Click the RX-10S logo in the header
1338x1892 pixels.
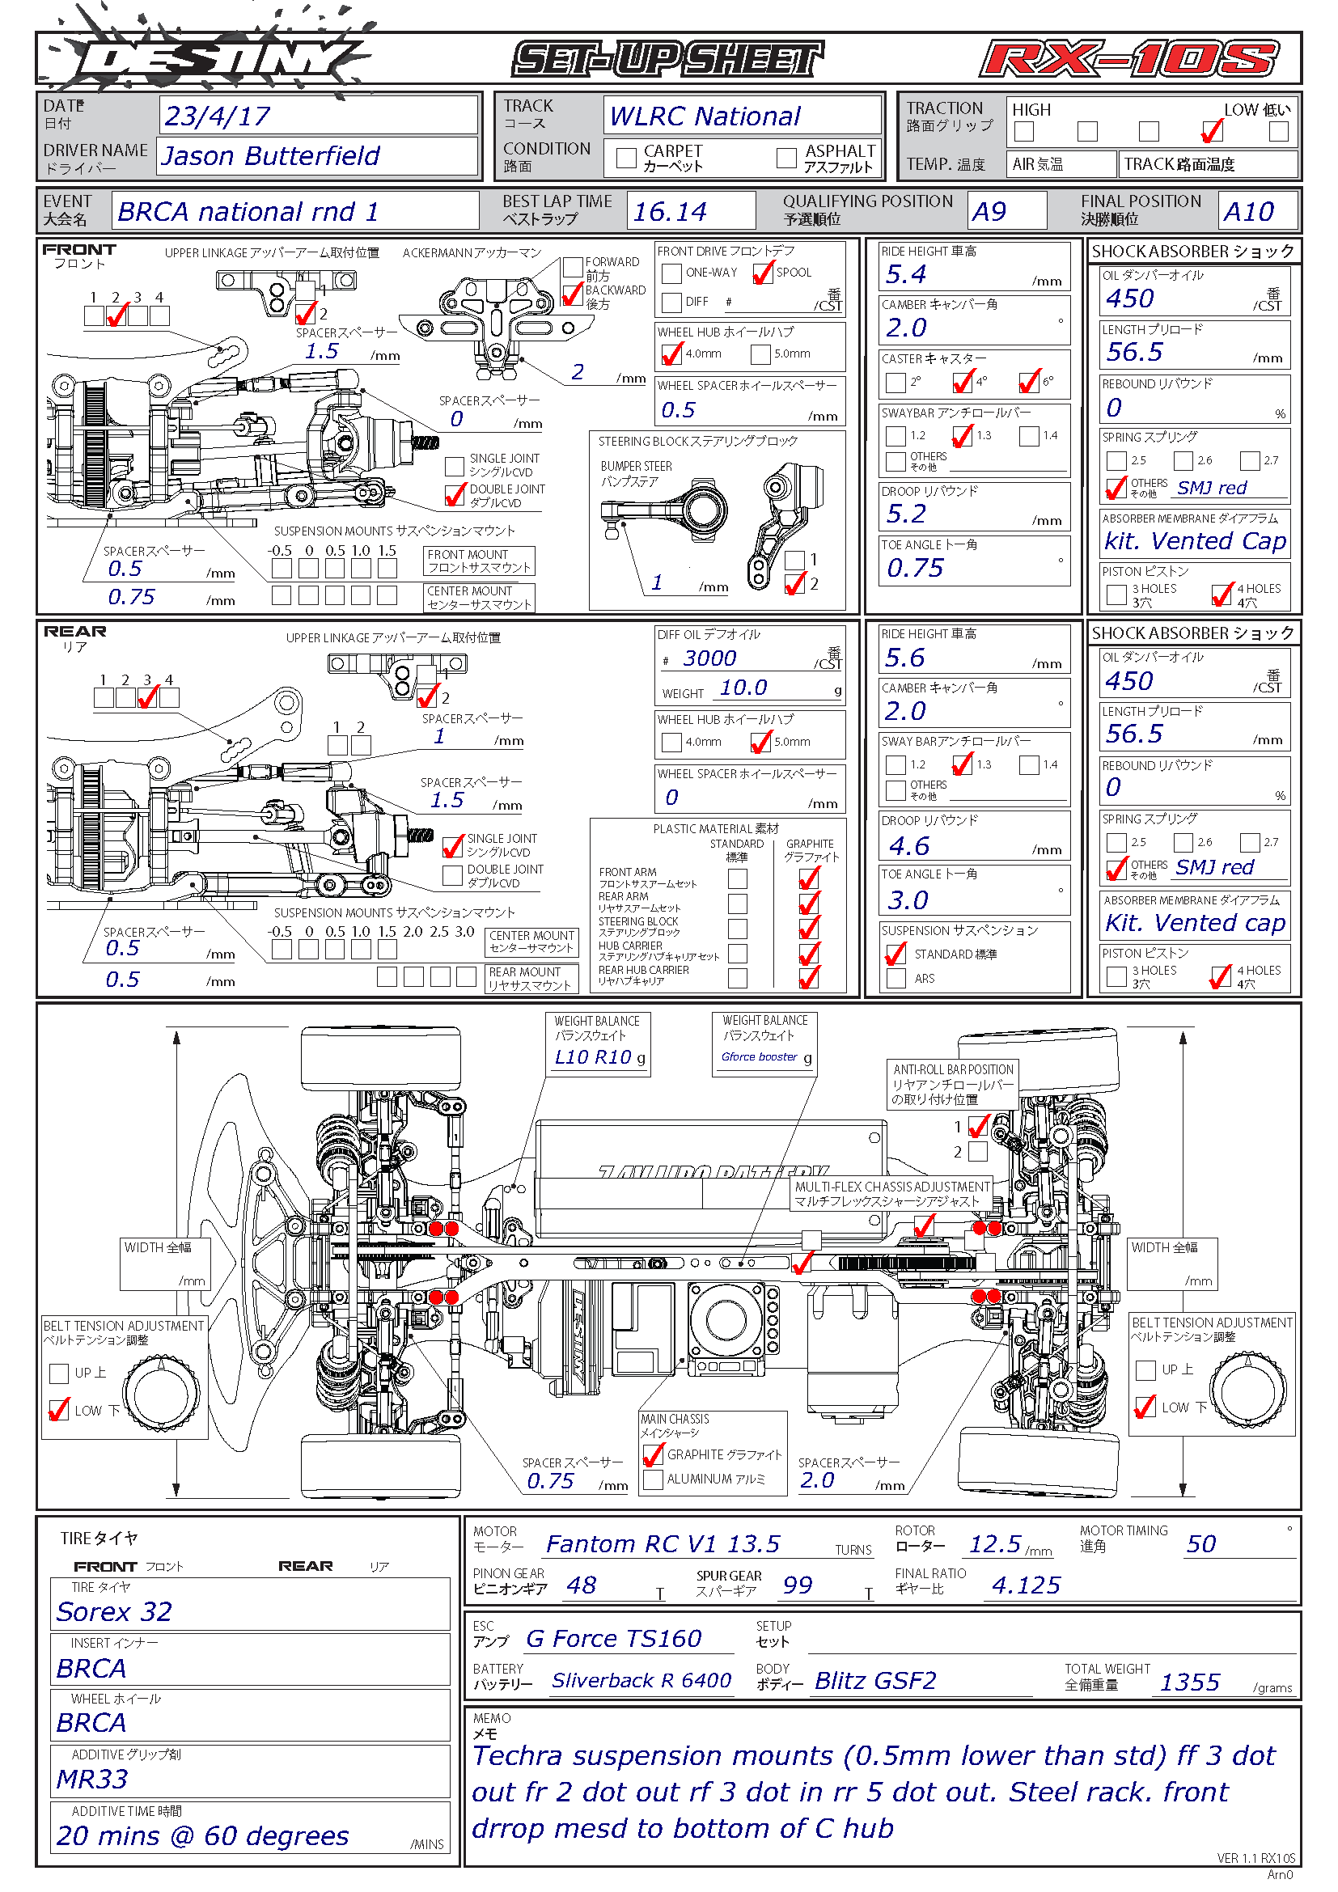(x=1128, y=59)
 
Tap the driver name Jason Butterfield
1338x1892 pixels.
(x=271, y=156)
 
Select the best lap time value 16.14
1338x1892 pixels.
(x=669, y=212)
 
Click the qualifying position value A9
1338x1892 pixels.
(x=989, y=212)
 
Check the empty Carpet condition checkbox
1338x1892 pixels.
(x=626, y=158)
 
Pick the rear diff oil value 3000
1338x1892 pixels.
(x=709, y=658)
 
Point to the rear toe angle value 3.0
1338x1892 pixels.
(x=908, y=899)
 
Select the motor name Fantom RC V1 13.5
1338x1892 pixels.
(x=663, y=1543)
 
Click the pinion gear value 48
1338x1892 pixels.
(x=582, y=1585)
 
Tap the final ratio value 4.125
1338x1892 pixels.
(x=1026, y=1585)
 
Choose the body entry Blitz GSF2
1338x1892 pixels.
(x=876, y=1680)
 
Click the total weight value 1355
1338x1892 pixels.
(x=1190, y=1682)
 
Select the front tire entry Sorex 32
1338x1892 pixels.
(x=114, y=1611)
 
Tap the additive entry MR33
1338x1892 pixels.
(x=91, y=1779)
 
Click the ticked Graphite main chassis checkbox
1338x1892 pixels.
(x=654, y=1454)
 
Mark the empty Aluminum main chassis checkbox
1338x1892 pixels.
(x=654, y=1479)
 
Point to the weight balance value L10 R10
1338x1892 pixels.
(x=593, y=1057)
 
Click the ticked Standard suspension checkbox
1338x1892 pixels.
(x=896, y=954)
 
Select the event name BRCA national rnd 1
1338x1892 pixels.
(x=248, y=212)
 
